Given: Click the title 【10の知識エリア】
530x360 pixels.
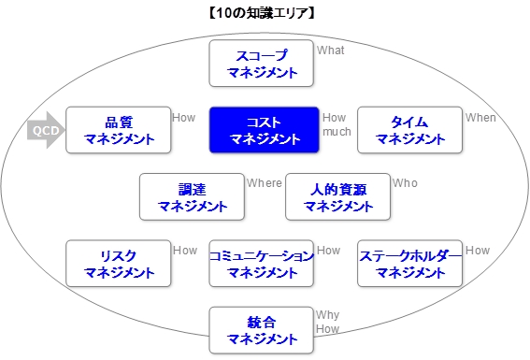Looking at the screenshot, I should click(265, 12).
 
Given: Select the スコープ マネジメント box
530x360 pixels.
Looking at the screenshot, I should click(263, 63).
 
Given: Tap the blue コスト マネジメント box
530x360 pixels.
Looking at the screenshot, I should click(265, 130).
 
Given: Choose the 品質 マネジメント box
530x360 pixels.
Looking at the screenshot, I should click(119, 130).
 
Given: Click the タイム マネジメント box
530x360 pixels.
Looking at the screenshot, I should click(410, 130).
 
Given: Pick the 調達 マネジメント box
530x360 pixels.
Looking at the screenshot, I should click(193, 196).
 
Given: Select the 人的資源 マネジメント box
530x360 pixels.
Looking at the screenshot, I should click(338, 196).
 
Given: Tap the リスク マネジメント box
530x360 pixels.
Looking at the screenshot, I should click(119, 264).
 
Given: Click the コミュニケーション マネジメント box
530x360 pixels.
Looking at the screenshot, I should click(262, 264).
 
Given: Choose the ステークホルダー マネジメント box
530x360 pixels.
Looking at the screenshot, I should click(410, 264).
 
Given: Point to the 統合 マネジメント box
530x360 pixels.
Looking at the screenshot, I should click(262, 330).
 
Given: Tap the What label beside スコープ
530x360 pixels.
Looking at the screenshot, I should click(331, 50).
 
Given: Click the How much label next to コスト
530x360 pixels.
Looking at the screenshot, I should click(337, 124).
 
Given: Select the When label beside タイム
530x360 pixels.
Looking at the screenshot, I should click(480, 118).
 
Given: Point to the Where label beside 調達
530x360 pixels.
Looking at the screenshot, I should click(264, 183).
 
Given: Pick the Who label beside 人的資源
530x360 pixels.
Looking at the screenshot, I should click(406, 183).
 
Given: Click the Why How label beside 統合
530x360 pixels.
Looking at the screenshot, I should click(327, 323).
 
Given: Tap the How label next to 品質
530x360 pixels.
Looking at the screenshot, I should click(184, 118).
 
